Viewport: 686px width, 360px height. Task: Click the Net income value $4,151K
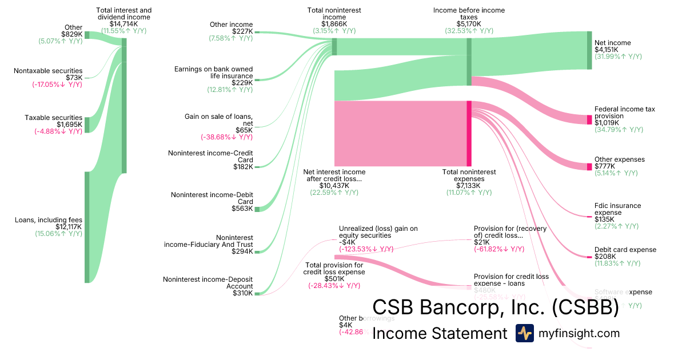tap(605, 50)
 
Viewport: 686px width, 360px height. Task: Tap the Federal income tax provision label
tap(624, 113)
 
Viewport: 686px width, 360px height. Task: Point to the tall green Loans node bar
tap(87, 227)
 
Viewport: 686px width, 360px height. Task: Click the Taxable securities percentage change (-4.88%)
tap(57, 131)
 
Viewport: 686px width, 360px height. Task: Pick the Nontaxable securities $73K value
tap(74, 78)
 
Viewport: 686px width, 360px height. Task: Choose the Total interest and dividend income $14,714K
tap(125, 24)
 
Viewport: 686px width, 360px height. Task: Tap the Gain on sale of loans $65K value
tap(245, 130)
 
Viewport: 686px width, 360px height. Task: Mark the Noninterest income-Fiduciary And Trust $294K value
tap(242, 251)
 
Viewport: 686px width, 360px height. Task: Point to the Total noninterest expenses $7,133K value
tap(469, 186)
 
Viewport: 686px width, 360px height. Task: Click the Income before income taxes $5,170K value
tap(469, 24)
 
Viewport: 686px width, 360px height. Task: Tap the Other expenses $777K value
tap(605, 166)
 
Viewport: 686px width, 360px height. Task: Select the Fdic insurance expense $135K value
tap(605, 219)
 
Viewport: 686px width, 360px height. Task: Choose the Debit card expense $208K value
tap(605, 257)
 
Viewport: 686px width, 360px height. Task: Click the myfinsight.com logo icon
tap(524, 333)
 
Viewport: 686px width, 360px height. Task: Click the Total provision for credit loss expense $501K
tap(334, 279)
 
